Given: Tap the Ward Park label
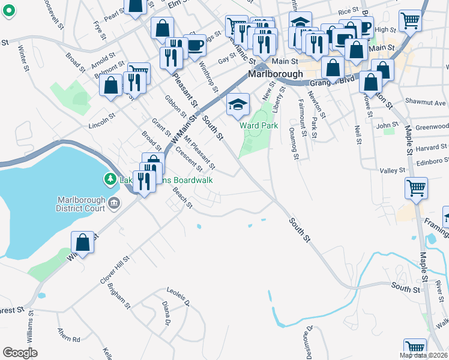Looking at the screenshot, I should coord(259,125).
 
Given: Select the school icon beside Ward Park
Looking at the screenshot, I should coord(238,104).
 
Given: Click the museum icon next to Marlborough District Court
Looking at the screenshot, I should coord(114,206).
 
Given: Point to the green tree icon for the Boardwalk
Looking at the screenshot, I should coord(110,179).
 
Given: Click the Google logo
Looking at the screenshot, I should coord(20,353).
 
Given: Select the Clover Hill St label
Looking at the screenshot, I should coord(115,271).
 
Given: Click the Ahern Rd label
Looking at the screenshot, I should coord(68,340).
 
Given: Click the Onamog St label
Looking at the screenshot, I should coord(293,144).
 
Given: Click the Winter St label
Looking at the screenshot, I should coord(25,58).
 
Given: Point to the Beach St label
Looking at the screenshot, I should coord(182,197).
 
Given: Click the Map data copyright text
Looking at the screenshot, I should coord(423,355).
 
